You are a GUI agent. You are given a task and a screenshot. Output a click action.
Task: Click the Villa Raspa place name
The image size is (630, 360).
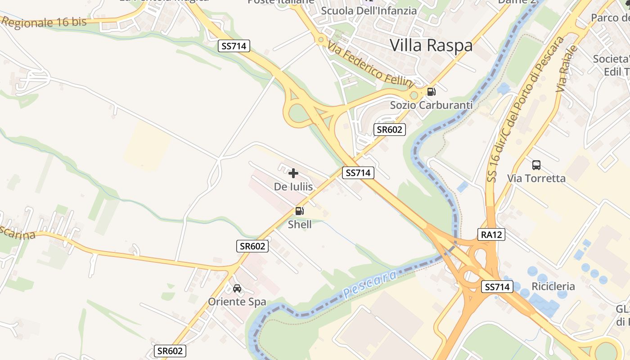[x=431, y=45]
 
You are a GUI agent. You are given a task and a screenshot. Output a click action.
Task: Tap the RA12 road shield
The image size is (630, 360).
[x=491, y=234]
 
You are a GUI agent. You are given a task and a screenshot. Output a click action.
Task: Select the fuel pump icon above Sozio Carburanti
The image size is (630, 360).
[x=431, y=92]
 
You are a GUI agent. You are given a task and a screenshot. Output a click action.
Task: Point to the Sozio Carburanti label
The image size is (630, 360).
[x=431, y=105]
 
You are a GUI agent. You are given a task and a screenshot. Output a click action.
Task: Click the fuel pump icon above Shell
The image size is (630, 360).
[x=299, y=211]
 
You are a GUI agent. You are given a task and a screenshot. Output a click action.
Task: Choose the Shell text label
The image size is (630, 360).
[x=300, y=224]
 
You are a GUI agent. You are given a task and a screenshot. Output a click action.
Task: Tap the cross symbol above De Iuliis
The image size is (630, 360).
[x=293, y=173]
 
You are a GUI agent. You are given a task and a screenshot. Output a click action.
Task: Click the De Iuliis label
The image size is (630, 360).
[x=293, y=186]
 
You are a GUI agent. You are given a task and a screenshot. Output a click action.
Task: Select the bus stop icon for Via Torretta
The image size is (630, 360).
[x=536, y=165]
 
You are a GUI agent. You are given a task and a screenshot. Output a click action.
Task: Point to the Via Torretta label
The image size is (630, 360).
[x=536, y=178]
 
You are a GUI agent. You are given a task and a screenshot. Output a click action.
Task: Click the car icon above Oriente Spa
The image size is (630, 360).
[x=237, y=288]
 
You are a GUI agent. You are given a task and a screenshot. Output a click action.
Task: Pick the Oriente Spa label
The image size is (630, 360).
[x=237, y=301]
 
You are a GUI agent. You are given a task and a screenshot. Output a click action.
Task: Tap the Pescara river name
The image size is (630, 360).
[x=370, y=283]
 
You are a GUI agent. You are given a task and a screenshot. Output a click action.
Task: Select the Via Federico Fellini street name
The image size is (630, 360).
[x=370, y=64]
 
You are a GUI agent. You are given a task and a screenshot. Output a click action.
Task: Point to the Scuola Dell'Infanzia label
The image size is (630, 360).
[x=369, y=10]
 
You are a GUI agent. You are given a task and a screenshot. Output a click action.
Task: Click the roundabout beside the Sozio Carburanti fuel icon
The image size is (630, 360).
[x=414, y=95]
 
